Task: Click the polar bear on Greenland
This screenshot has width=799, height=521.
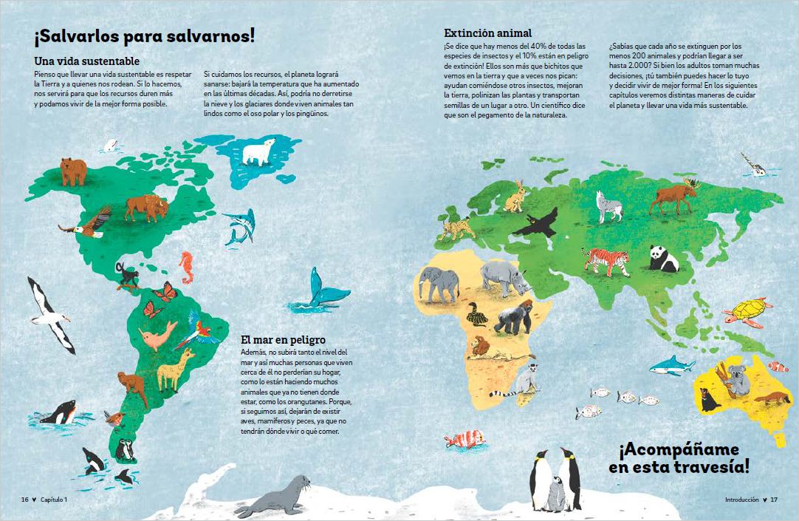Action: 258,153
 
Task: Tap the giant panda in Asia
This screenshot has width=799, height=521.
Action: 665,259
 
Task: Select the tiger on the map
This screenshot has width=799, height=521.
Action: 606,260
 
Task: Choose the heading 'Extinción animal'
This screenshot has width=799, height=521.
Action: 487,33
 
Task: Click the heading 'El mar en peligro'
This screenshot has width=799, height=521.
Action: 284,340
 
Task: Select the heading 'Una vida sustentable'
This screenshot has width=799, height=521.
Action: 87,61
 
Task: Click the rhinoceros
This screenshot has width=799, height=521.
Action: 504,277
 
